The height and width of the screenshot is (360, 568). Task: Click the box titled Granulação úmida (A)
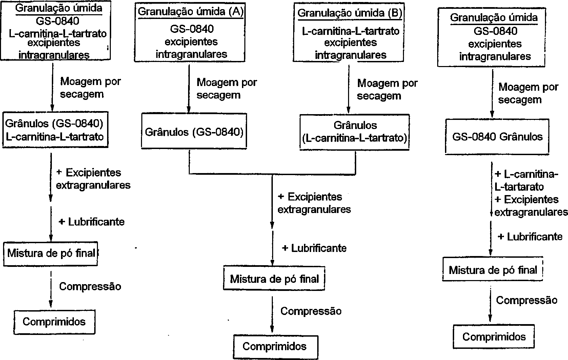tap(190, 34)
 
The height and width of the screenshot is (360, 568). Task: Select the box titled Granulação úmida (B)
tap(349, 34)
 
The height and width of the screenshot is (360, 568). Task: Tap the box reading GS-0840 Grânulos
tap(497, 137)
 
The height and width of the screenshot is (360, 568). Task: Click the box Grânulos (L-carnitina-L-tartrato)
tap(355, 132)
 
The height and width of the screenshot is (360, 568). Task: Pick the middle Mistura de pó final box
tap(274, 279)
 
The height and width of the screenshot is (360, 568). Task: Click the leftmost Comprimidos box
tap(54, 321)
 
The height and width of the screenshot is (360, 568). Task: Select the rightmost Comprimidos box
tap(494, 337)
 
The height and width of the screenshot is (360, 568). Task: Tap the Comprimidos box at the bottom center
tap(275, 346)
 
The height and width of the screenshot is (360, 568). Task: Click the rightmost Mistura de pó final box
tap(493, 270)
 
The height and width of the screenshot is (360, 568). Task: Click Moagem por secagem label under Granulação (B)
tap(387, 89)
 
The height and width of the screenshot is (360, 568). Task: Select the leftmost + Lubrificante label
tap(92, 222)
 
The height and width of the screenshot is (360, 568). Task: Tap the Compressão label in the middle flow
tap(311, 311)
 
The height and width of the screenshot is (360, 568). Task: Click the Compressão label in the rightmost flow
tap(527, 300)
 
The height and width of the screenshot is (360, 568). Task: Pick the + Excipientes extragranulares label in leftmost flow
tap(93, 179)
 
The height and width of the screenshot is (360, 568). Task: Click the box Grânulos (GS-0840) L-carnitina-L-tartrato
tap(55, 130)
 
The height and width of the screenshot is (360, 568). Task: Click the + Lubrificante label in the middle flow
tap(314, 248)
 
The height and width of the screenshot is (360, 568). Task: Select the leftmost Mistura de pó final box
tap(51, 253)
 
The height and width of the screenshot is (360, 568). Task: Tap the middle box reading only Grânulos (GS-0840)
tap(194, 132)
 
